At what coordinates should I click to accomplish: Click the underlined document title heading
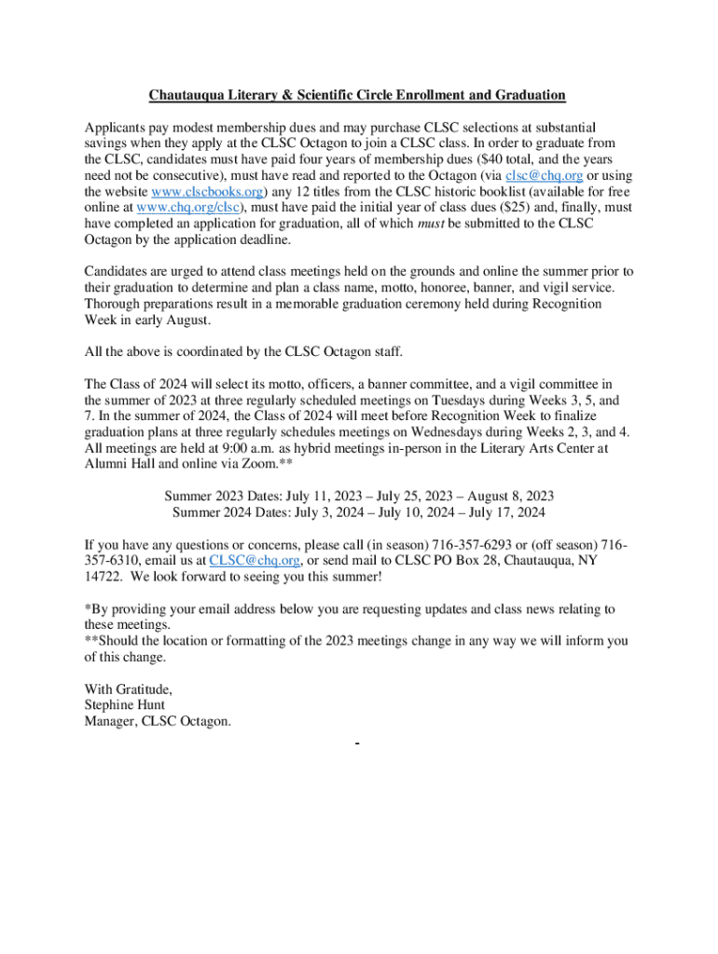(x=358, y=95)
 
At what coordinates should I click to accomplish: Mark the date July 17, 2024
(x=500, y=511)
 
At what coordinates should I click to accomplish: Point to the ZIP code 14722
(x=104, y=577)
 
